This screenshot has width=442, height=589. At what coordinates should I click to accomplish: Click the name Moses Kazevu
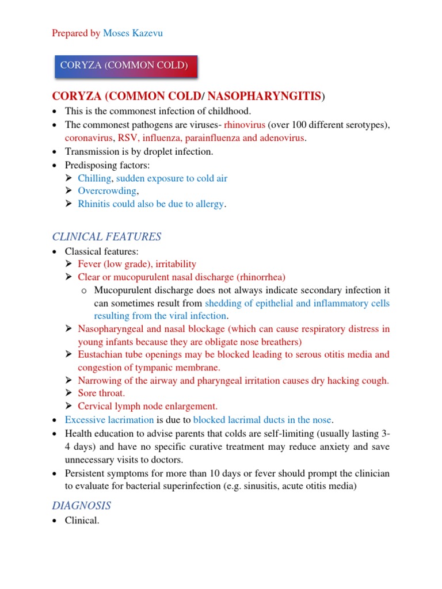point(132,33)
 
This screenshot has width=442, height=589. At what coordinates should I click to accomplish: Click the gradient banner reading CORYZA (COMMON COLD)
point(124,66)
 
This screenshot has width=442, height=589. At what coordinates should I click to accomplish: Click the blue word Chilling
point(94,178)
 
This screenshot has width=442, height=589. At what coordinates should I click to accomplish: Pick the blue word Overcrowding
point(108,191)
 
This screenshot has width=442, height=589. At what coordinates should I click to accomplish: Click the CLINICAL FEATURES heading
point(106,237)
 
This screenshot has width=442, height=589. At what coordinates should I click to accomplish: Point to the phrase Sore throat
point(101,393)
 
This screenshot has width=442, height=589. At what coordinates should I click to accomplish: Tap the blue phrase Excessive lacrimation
point(109,419)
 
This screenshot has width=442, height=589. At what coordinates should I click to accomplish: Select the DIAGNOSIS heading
point(82,506)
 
